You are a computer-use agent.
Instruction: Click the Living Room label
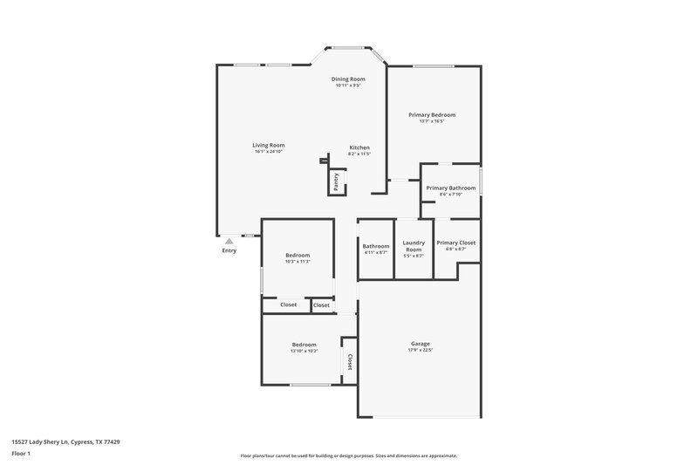(x=269, y=145)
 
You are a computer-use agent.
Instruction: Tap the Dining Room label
(x=348, y=79)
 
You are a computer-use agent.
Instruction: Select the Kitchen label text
(x=359, y=147)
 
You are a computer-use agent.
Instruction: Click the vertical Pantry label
(x=336, y=181)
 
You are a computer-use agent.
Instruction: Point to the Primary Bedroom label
(x=432, y=114)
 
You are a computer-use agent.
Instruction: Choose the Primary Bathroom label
(x=450, y=188)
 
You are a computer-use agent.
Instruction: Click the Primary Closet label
(x=455, y=243)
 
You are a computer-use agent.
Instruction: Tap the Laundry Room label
(x=413, y=246)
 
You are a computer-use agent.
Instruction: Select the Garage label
(x=420, y=344)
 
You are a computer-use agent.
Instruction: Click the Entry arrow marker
(x=229, y=241)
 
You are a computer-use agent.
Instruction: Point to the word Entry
(x=229, y=251)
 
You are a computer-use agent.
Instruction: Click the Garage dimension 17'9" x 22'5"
(x=420, y=351)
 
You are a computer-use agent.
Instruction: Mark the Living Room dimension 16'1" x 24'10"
(x=269, y=152)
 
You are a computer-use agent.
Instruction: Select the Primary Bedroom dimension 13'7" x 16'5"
(x=432, y=121)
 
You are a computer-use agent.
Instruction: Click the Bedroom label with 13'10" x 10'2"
(x=304, y=345)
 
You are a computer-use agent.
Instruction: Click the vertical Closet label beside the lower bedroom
(x=350, y=361)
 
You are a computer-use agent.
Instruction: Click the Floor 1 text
(x=21, y=455)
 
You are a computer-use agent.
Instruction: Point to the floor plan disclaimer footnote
(x=348, y=455)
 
